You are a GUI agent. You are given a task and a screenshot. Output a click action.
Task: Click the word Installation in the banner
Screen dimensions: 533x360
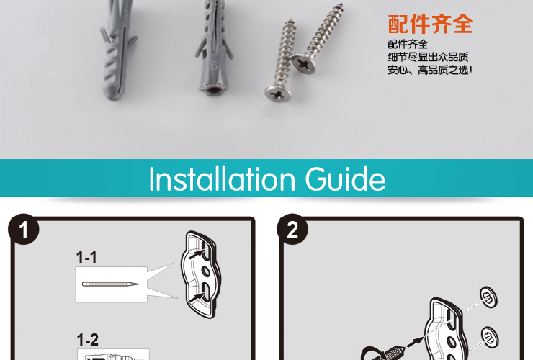click(222, 179)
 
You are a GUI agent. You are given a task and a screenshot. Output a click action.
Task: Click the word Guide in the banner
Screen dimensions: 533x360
click(345, 179)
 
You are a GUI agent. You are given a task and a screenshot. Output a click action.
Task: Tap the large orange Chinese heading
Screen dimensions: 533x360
click(430, 24)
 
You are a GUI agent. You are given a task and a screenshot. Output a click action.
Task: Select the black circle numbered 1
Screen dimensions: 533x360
click(24, 229)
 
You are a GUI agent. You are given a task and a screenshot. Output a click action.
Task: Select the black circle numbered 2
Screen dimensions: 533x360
click(292, 229)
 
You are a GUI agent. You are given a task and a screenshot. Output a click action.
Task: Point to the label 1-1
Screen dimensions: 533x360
click(86, 257)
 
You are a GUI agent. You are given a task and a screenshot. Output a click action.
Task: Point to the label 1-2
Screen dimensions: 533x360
click(87, 340)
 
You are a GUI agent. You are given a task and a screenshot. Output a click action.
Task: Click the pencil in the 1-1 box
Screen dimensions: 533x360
click(110, 284)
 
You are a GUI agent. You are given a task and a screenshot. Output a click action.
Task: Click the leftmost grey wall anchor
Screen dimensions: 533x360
click(117, 51)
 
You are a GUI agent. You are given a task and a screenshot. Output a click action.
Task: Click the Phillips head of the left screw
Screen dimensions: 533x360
click(278, 94)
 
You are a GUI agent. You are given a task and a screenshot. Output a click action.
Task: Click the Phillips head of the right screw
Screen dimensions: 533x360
click(303, 63)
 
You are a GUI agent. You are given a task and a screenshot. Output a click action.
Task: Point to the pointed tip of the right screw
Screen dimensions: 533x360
click(340, 5)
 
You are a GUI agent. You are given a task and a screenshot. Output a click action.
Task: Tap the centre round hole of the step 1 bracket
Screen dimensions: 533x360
click(206, 271)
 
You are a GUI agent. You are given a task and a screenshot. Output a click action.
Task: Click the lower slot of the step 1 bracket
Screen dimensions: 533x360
click(205, 292)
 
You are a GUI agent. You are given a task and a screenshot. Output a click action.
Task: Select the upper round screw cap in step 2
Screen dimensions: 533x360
click(488, 297)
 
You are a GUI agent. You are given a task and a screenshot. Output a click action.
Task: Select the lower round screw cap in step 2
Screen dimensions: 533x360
click(490, 337)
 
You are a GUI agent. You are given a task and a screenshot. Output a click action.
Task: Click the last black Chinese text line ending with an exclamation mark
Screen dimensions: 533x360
click(430, 70)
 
